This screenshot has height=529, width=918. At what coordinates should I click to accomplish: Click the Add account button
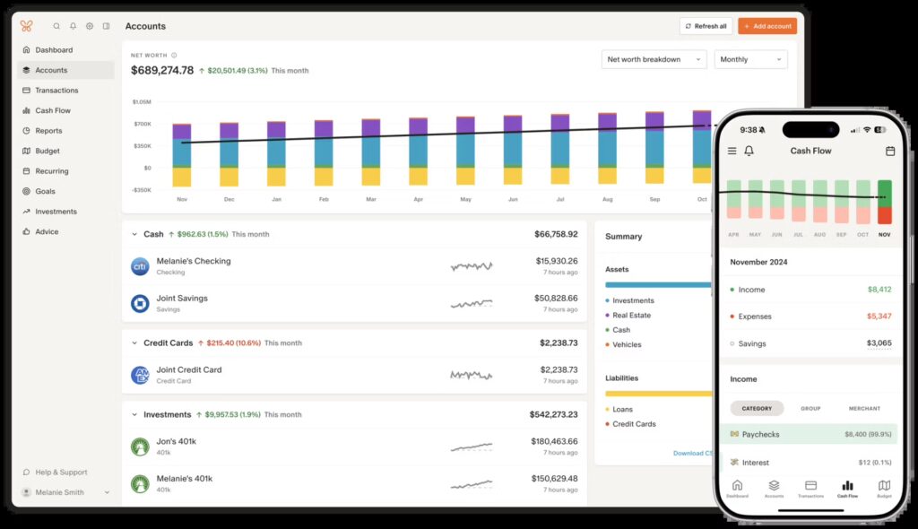(x=767, y=26)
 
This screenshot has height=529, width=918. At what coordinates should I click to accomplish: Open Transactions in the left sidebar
(x=56, y=91)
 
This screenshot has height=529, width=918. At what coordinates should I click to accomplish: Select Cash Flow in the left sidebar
(x=53, y=110)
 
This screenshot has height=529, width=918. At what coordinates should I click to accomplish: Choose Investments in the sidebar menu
(x=56, y=212)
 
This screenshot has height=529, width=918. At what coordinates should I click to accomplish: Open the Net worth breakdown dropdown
(x=654, y=60)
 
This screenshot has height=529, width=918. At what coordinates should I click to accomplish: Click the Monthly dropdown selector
(x=749, y=60)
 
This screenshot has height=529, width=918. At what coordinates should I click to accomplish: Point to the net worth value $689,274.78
(x=162, y=70)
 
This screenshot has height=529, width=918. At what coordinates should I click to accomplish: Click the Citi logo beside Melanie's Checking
(x=140, y=266)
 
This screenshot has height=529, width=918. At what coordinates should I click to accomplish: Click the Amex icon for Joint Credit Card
(x=140, y=375)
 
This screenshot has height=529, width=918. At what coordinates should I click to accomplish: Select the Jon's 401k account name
(x=176, y=441)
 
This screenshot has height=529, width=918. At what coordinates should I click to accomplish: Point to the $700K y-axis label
(x=142, y=124)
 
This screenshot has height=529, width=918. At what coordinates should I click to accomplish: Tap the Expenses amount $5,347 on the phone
(x=879, y=317)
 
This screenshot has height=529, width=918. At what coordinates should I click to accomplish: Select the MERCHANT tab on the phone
(x=863, y=409)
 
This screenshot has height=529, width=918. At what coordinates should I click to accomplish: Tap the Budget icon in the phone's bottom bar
(x=884, y=488)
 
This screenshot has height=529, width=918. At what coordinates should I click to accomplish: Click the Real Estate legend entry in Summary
(x=632, y=316)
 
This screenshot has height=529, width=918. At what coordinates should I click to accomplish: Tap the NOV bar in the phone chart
(x=885, y=203)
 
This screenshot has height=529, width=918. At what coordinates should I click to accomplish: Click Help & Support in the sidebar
(x=61, y=473)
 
